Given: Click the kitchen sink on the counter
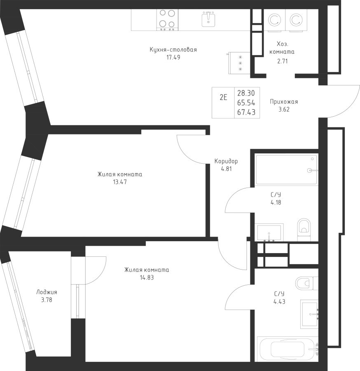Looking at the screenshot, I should pos(209,19).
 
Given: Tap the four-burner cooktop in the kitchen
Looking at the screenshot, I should pos(167,19).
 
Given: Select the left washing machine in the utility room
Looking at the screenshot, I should pos(274,19).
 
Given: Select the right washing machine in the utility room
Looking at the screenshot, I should pos(295,19).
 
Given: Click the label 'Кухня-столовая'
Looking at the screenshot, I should pos(173,50).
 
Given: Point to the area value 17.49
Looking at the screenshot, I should pos(173,57).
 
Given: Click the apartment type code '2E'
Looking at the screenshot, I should pos(223,98).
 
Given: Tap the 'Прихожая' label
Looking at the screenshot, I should pos(284,102).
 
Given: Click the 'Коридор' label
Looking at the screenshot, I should pos(226,161).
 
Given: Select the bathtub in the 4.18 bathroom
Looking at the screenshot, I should pos(286,169).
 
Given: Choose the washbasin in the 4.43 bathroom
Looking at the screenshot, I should pos(309,314).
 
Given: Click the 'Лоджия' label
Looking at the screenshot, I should pos(47,292).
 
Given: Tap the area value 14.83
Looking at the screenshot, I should pos(147,277).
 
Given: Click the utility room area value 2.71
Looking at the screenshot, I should pos(282,61).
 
